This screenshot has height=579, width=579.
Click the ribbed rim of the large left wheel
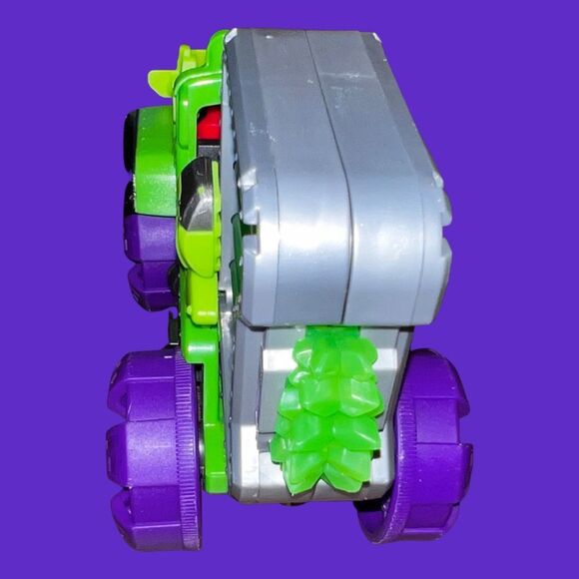point(187,449)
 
